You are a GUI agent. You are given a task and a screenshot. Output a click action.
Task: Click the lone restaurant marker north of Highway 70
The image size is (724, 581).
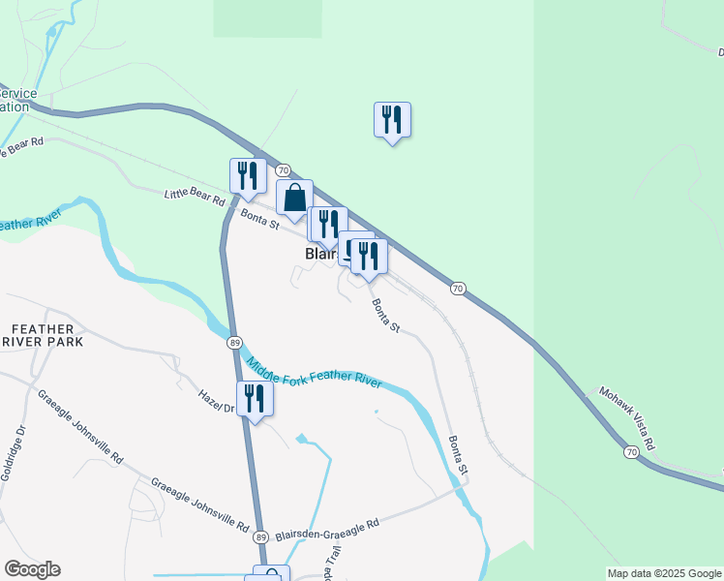[x=392, y=120]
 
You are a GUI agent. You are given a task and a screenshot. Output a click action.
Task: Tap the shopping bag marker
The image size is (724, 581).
[x=294, y=198]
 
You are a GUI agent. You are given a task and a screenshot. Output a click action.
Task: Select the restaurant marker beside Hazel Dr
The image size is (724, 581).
[x=255, y=399]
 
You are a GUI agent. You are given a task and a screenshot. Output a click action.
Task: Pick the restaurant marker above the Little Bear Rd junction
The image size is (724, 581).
[x=248, y=176]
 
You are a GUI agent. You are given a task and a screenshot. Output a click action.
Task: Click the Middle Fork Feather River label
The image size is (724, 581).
[x=315, y=375]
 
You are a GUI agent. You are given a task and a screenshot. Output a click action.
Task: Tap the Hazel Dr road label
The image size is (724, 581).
[x=217, y=402]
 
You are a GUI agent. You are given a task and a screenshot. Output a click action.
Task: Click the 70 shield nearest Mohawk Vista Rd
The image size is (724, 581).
[x=631, y=452]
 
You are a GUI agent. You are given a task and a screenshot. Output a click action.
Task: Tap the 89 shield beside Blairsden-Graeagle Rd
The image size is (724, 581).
[x=260, y=536]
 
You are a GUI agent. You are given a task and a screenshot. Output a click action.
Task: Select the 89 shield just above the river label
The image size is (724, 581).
[x=234, y=343]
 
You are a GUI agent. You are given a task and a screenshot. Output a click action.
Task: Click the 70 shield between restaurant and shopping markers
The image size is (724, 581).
[x=269, y=170]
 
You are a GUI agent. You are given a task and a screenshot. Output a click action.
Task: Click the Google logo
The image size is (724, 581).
[x=32, y=569]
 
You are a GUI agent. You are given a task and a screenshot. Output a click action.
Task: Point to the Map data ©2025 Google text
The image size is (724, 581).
[x=664, y=573]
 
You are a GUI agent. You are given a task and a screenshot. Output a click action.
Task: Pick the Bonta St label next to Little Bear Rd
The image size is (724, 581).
[x=260, y=219]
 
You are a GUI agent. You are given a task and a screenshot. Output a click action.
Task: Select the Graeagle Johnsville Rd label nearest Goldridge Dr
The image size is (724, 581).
[x=79, y=424]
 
